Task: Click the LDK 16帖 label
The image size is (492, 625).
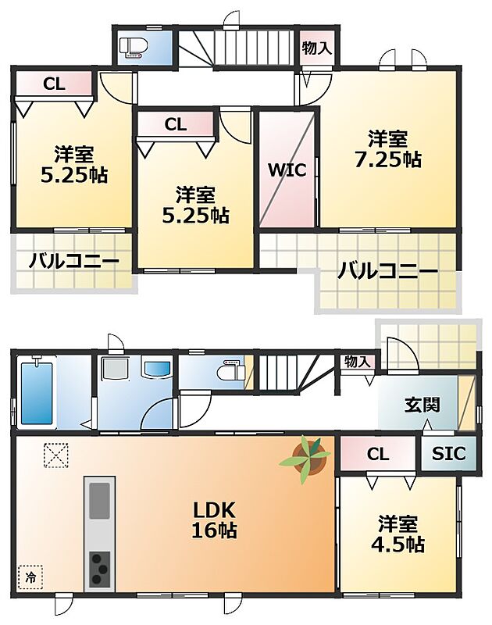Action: pos(214,520)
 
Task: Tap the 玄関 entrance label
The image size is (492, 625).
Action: pos(422,405)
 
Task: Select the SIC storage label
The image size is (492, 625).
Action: pos(448,454)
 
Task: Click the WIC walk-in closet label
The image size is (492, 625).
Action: pos(287,170)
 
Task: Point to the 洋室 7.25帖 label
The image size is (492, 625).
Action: pos(387,149)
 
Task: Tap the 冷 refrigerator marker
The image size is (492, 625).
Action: pos(30,577)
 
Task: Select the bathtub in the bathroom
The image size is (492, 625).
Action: pos(37,393)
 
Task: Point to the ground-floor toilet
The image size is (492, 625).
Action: pos(230,370)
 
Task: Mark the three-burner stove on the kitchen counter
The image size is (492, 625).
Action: pos(100,569)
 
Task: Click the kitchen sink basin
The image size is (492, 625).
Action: pos(100,501)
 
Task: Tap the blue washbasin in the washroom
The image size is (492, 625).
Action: pos(157,368)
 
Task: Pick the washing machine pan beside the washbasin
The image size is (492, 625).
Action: pos(115,368)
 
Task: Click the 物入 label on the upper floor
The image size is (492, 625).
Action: pos(316,48)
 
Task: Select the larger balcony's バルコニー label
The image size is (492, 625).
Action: pos(387,271)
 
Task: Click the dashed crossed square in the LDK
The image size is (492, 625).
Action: pos(55,455)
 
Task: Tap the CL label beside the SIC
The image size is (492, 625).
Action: pos(378,454)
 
